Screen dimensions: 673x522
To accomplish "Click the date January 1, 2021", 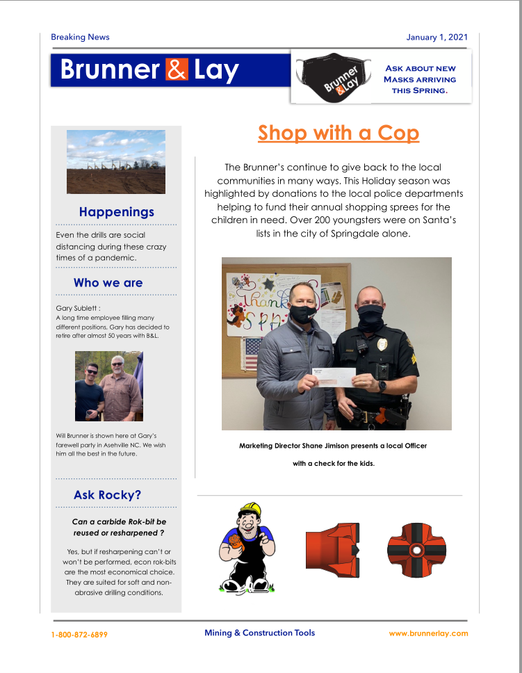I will [437, 37].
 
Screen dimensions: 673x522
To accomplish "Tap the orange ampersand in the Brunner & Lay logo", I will [177, 70].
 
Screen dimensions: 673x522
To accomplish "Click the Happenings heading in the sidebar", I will [116, 212].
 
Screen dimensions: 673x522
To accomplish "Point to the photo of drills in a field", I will [116, 162].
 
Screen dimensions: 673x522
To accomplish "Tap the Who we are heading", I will [108, 283].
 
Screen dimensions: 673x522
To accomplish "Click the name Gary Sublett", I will [76, 307].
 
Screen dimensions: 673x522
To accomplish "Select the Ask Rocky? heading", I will [107, 496].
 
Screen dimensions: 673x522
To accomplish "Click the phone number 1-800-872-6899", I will [79, 635].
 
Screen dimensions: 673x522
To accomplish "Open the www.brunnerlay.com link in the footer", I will [428, 633].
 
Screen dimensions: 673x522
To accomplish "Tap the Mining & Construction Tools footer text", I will [259, 633].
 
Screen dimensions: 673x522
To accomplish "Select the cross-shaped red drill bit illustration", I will [416, 549].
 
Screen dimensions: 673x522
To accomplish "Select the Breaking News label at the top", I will [80, 37].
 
